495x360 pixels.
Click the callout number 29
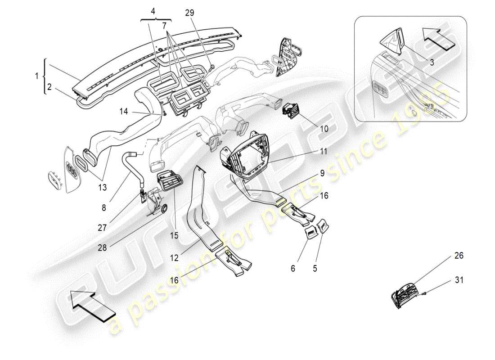(x=189, y=13)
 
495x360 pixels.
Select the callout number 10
(x=324, y=128)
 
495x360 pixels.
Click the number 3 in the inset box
(x=432, y=63)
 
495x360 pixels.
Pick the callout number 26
(x=459, y=256)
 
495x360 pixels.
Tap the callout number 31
(x=458, y=280)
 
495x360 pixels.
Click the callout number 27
(x=102, y=228)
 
